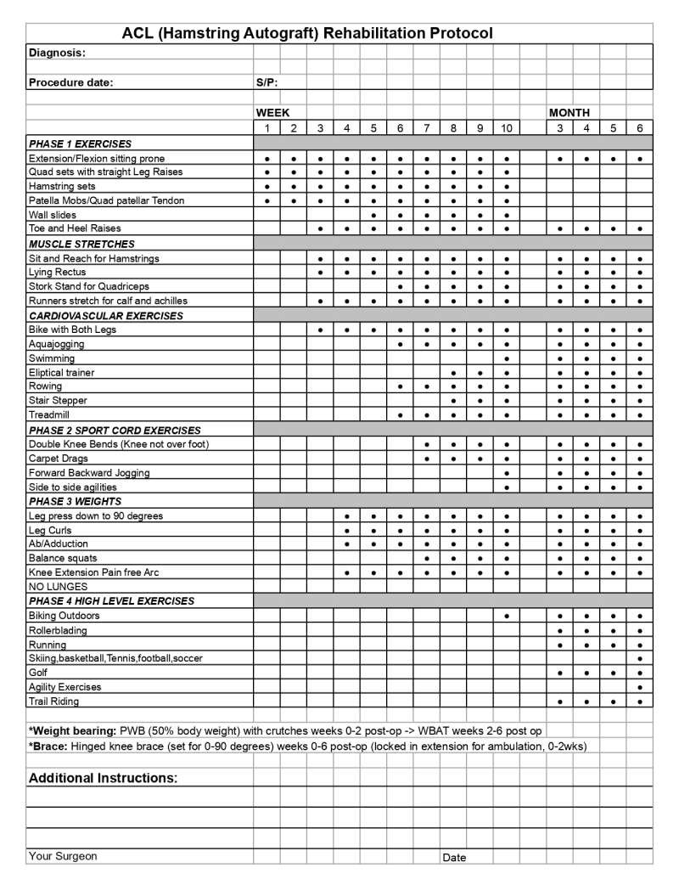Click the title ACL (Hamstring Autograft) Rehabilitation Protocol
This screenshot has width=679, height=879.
[x=307, y=33]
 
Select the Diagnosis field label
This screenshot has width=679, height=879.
[x=57, y=53]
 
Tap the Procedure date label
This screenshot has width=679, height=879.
[x=70, y=82]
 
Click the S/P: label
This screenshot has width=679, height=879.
[x=267, y=82]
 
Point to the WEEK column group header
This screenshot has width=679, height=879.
[x=272, y=113]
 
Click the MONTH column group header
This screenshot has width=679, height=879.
[x=570, y=113]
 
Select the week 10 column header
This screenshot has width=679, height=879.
[x=506, y=128]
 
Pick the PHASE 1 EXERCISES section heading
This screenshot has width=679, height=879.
[x=80, y=144]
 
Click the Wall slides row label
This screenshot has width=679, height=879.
[x=53, y=215]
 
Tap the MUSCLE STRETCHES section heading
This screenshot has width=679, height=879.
[x=81, y=244]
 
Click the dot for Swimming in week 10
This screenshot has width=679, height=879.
[x=507, y=358]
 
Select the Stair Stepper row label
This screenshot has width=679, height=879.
[x=58, y=400]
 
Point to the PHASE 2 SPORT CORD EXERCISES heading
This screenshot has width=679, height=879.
[x=115, y=430]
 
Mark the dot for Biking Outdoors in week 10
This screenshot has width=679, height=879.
[x=507, y=616]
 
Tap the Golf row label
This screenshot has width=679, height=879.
[x=39, y=673]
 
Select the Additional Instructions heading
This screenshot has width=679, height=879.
[x=103, y=778]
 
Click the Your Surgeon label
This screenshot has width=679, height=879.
[x=63, y=856]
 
